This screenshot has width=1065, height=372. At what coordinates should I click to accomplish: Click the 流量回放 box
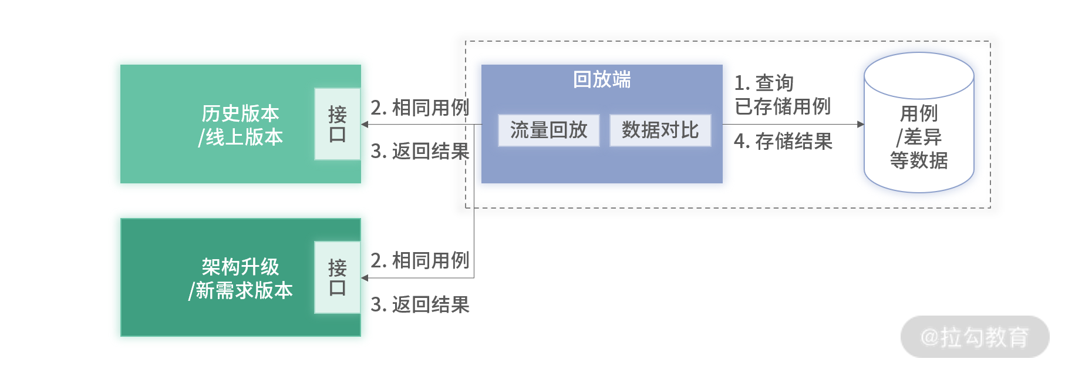(548, 130)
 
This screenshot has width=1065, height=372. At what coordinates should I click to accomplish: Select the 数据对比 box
(660, 130)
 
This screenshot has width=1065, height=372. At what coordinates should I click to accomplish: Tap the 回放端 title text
(602, 79)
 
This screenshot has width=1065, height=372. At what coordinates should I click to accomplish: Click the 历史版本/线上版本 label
(241, 125)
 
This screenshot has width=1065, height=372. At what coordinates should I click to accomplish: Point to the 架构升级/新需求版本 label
(241, 279)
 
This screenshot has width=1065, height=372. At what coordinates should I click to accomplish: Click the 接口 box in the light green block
(338, 124)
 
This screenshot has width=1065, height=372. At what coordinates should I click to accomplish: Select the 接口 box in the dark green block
(338, 277)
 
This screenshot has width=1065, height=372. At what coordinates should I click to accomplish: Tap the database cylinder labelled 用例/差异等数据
(919, 123)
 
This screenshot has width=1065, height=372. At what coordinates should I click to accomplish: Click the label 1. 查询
(764, 83)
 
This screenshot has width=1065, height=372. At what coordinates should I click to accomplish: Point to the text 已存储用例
(783, 106)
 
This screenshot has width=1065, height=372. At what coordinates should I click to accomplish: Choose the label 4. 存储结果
(783, 141)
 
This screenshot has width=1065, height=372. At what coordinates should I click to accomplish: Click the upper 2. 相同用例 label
(420, 108)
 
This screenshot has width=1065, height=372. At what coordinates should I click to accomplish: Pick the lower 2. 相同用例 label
(420, 260)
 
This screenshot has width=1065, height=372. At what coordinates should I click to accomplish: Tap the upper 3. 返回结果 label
(420, 151)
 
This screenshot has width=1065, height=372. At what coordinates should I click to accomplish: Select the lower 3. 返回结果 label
(420, 304)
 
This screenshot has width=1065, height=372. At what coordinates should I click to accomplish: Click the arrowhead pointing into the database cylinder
(861, 124)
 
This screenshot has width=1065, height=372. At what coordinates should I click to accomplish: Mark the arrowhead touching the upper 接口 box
(365, 124)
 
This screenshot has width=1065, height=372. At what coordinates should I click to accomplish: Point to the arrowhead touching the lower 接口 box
(365, 278)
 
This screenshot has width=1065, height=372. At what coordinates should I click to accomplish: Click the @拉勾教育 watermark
(975, 337)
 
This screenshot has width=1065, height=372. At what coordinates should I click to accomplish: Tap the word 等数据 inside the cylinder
(919, 160)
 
